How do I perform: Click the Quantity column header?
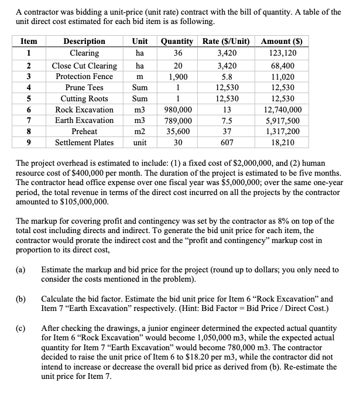177,41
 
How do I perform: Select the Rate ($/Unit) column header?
226,41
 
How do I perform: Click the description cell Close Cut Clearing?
84,66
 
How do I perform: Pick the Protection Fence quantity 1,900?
177,77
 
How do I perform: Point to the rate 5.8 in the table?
226,77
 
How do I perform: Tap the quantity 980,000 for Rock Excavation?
177,110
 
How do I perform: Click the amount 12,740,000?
283,110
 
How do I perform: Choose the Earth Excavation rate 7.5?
226,120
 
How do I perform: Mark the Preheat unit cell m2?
140,131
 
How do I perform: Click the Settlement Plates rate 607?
226,142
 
